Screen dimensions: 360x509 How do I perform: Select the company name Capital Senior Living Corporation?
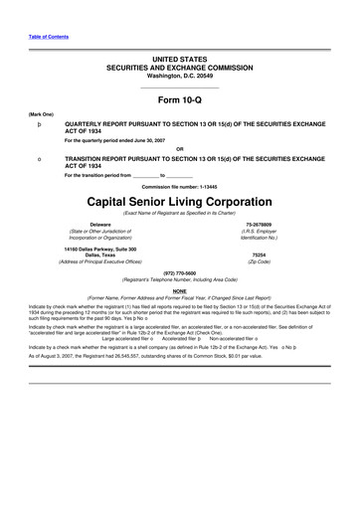(x=179, y=199)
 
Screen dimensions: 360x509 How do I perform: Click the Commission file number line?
(x=179, y=186)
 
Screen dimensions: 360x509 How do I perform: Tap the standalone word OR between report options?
(x=179, y=150)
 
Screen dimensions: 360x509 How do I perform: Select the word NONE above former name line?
(x=179, y=290)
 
